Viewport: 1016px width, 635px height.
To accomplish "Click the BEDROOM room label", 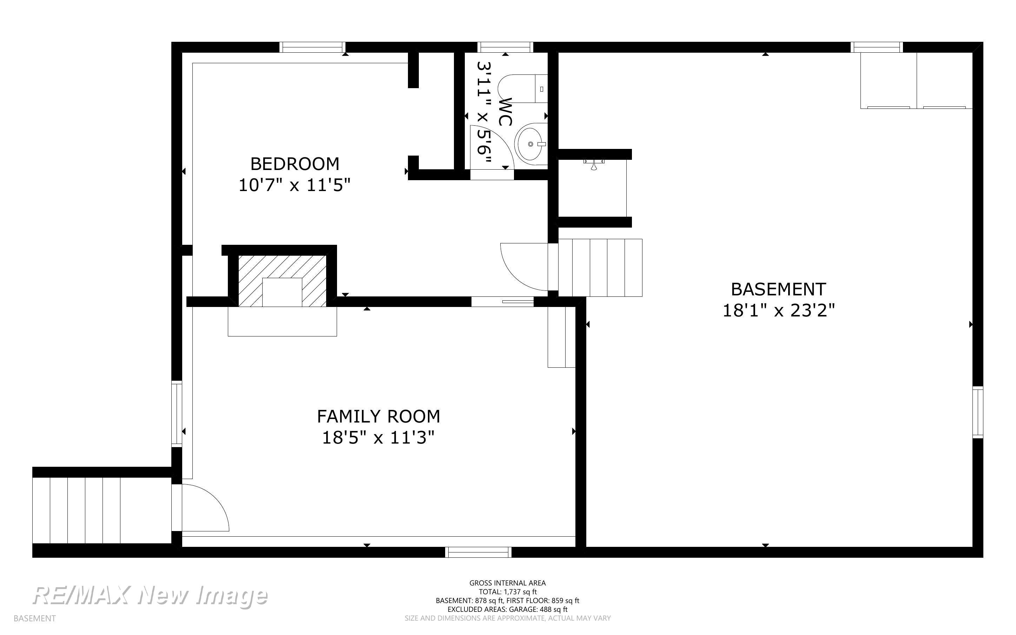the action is pyautogui.click(x=295, y=164).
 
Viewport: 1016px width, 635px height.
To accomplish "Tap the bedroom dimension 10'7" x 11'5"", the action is pyautogui.click(x=294, y=185).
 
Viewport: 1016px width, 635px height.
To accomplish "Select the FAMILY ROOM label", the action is pyautogui.click(x=378, y=417).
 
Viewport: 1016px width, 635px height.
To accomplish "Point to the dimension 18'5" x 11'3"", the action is pyautogui.click(x=378, y=438).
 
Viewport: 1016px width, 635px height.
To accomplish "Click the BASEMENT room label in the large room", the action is pyautogui.click(x=778, y=289).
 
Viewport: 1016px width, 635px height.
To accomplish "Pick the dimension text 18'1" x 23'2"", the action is pyautogui.click(x=778, y=311).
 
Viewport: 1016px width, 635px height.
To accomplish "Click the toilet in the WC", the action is pyautogui.click(x=523, y=89).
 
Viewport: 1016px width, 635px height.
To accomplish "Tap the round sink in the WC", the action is pyautogui.click(x=531, y=144).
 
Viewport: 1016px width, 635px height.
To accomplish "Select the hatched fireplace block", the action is pyautogui.click(x=282, y=281).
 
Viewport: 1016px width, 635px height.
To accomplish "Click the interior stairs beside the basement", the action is pyautogui.click(x=600, y=268).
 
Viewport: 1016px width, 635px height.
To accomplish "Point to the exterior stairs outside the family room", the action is pyautogui.click(x=102, y=510).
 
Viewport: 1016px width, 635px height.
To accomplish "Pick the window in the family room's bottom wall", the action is pyautogui.click(x=479, y=552).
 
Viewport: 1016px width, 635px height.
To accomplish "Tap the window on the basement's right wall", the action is pyautogui.click(x=978, y=412).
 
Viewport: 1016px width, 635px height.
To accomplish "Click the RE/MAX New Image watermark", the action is pyautogui.click(x=150, y=596).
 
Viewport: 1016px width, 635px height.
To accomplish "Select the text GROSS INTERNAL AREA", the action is pyautogui.click(x=507, y=583).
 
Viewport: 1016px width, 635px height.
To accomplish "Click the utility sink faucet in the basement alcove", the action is pyautogui.click(x=594, y=165).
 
